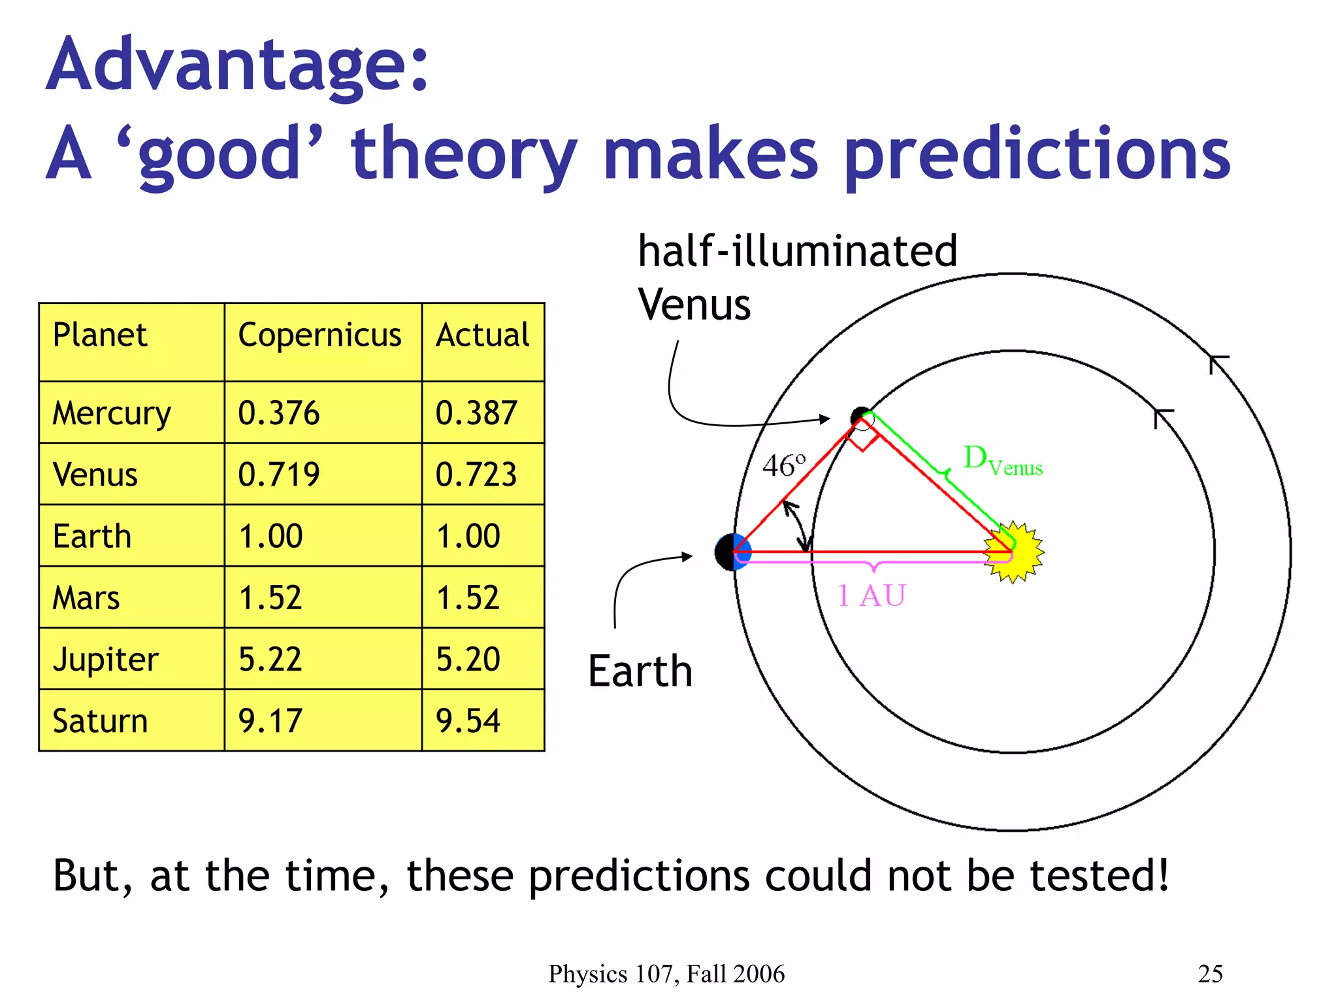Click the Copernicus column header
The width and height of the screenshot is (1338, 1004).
click(319, 336)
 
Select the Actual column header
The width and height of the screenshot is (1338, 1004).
click(482, 336)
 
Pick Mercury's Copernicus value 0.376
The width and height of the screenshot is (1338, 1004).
click(279, 414)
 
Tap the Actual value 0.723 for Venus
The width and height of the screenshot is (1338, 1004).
click(476, 475)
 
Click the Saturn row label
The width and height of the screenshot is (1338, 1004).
click(100, 722)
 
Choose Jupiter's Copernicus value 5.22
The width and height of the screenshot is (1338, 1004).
click(270, 660)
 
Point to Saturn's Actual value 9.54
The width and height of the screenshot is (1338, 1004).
click(468, 722)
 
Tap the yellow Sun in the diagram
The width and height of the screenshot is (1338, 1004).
click(1015, 552)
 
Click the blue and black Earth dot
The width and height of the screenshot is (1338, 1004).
click(732, 552)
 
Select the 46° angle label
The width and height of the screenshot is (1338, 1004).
click(784, 466)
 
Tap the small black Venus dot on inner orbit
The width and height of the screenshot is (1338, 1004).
click(860, 416)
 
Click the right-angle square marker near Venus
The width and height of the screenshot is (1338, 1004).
click(862, 439)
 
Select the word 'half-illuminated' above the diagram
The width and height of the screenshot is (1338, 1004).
click(797, 252)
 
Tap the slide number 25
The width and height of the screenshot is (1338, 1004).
click(1210, 974)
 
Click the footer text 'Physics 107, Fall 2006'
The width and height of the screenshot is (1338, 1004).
click(666, 974)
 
